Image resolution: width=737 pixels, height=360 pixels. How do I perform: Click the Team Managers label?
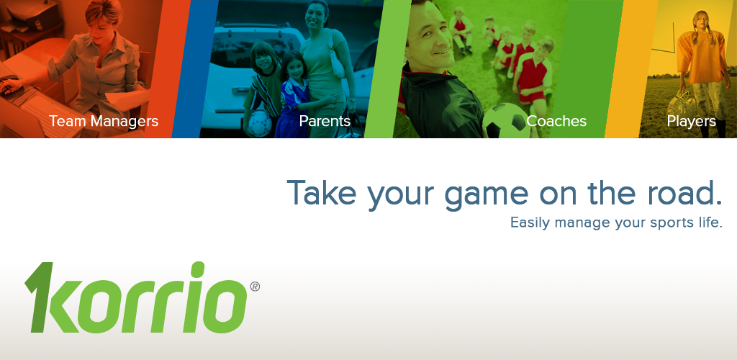[x=104, y=121]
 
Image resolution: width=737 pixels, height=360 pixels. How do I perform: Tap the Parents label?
[x=325, y=121]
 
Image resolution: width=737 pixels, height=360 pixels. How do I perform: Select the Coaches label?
[x=556, y=121]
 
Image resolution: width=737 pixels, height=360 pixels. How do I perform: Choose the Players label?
[x=692, y=122]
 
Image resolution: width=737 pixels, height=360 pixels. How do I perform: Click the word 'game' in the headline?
[x=486, y=195]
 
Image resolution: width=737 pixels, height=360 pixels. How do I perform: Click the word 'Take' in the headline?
[x=322, y=192]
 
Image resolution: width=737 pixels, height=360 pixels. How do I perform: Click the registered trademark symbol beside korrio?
[x=255, y=287]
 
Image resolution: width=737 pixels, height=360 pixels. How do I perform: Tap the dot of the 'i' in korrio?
[x=199, y=269]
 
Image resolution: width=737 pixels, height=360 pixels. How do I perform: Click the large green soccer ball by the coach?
[x=506, y=121]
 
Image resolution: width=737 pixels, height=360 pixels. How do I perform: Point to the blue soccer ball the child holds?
[x=259, y=123]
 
